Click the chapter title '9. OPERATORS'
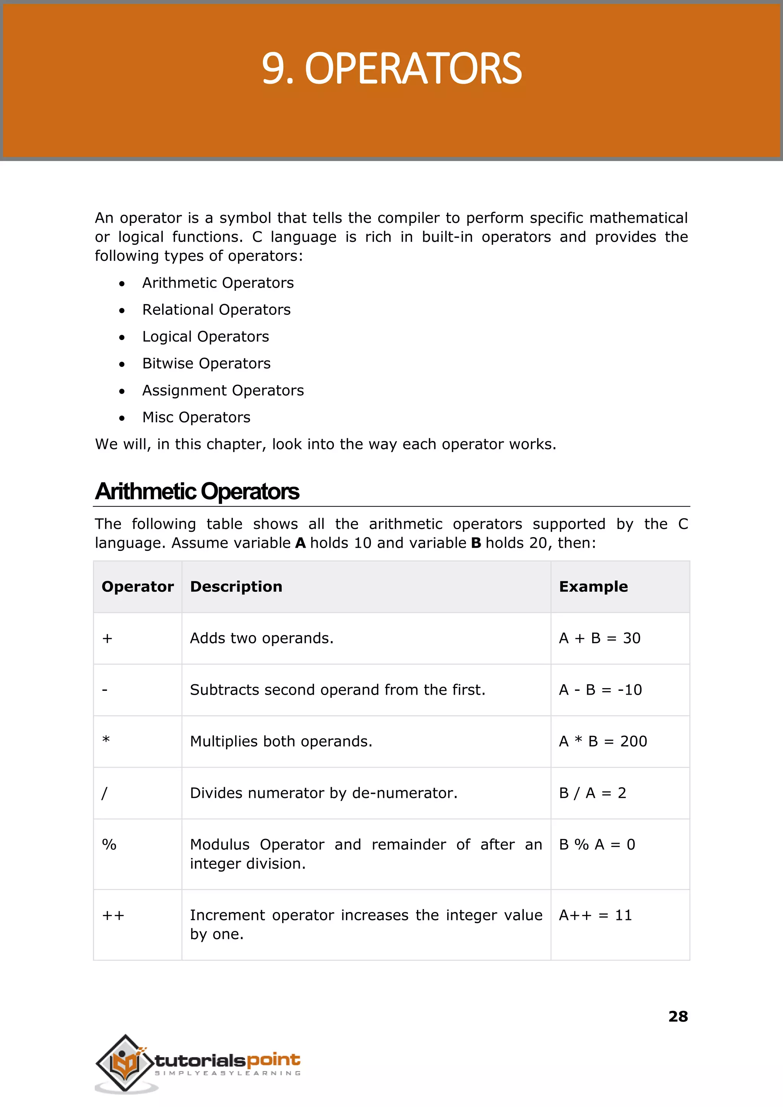(x=391, y=69)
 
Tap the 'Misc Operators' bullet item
(x=196, y=417)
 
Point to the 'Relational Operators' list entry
(x=216, y=310)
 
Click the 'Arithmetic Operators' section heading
(x=197, y=492)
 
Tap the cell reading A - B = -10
(x=600, y=690)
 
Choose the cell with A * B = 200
(x=603, y=741)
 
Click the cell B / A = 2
(x=592, y=793)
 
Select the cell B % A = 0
(x=596, y=845)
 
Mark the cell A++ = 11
(x=595, y=915)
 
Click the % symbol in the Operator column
(x=109, y=845)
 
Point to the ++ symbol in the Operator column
(x=113, y=915)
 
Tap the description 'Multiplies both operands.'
(x=281, y=741)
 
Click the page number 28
(x=678, y=1016)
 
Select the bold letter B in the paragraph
(x=476, y=543)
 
